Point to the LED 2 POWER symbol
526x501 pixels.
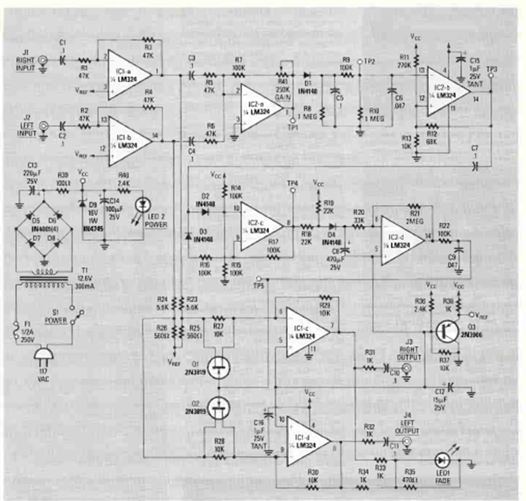[140, 207]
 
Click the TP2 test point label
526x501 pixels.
[369, 61]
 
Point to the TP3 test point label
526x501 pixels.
[491, 68]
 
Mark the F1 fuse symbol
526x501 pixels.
[18, 328]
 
